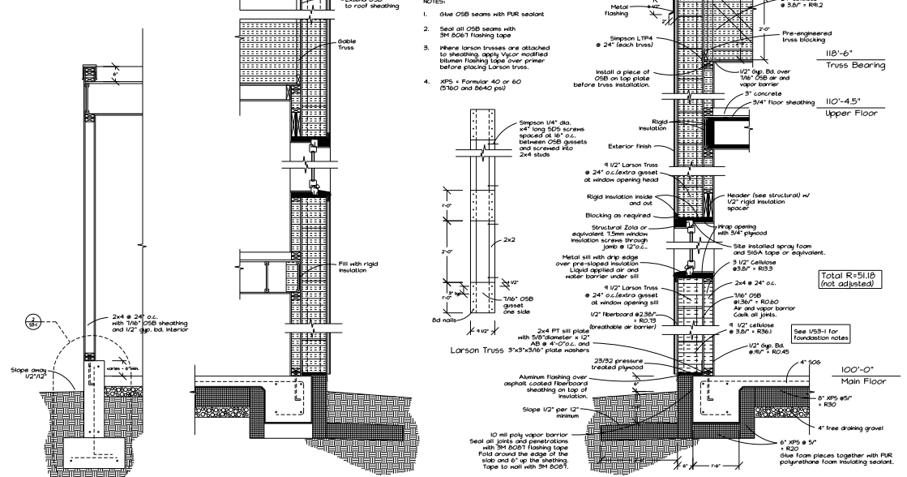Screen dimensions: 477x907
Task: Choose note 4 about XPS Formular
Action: pyautogui.click(x=476, y=86)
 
